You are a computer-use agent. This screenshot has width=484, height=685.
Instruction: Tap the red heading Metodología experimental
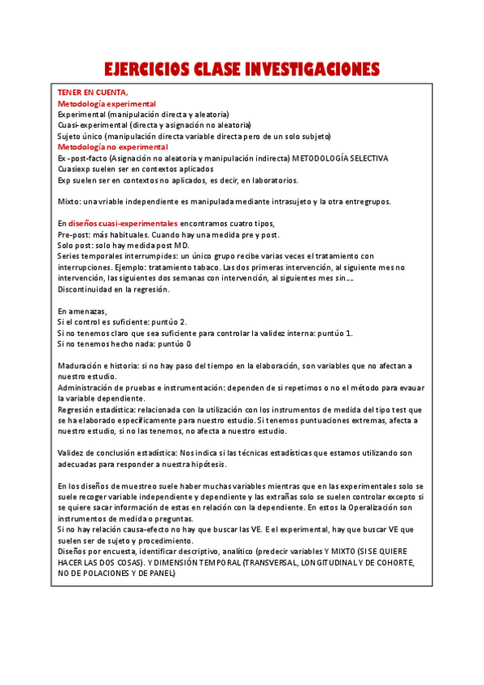click(107, 104)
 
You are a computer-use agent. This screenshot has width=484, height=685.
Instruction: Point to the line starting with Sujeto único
click(194, 137)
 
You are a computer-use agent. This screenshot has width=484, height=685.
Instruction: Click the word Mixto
click(69, 200)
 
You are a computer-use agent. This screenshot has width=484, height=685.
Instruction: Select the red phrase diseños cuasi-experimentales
click(122, 223)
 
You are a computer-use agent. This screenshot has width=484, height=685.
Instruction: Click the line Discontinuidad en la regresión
click(114, 288)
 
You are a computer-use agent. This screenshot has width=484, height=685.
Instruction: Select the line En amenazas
click(83, 311)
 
